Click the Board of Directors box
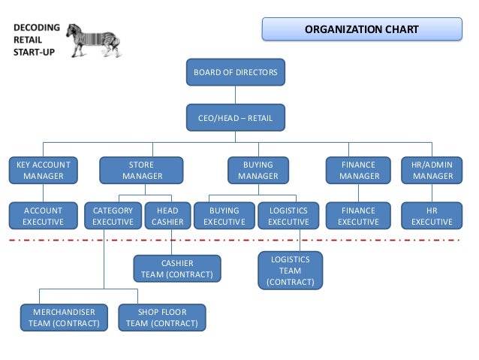[236, 73]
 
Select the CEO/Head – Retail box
[236, 117]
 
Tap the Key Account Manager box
[43, 171]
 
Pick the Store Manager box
[142, 171]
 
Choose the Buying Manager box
[258, 171]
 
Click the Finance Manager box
[358, 171]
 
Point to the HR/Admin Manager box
[432, 171]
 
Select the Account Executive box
[43, 216]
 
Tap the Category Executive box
[113, 216]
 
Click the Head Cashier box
[167, 216]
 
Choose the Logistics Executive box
[288, 216]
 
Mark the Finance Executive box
[358, 216]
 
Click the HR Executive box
[432, 216]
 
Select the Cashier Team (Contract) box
[177, 269]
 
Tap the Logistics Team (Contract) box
[290, 271]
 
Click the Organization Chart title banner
[361, 30]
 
